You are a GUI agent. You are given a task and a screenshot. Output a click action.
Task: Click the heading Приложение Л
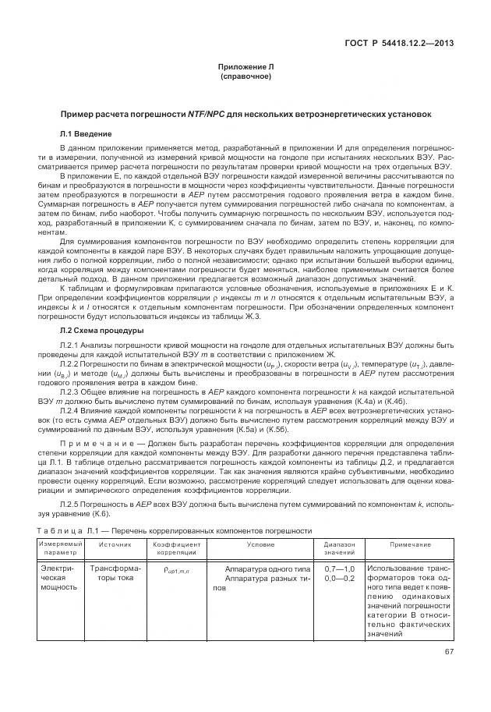245,68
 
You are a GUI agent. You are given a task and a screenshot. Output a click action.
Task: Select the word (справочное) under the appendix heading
245,77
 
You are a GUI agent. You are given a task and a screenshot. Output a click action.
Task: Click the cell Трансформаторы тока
115,573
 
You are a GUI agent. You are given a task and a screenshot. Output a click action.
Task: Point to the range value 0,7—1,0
339,569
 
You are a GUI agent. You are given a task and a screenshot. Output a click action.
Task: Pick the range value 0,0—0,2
339,578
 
